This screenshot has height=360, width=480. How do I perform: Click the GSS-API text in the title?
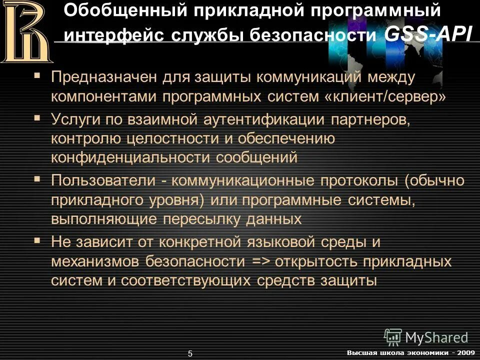click(428, 34)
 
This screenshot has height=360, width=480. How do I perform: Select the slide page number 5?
click(190, 353)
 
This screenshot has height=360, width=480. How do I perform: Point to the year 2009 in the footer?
click(465, 353)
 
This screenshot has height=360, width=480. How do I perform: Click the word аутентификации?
click(257, 120)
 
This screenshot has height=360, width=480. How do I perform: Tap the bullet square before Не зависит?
click(37, 241)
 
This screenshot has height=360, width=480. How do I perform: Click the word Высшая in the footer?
click(359, 353)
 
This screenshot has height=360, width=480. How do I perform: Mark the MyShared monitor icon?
click(393, 336)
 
